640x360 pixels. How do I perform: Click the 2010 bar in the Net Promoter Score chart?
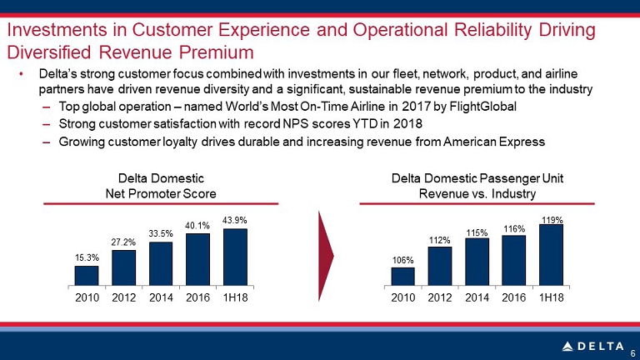tap(87, 276)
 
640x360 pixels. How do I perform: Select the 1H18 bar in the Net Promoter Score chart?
tap(235, 257)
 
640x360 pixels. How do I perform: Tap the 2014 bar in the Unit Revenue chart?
tap(477, 262)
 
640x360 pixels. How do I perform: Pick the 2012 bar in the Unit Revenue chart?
tap(440, 266)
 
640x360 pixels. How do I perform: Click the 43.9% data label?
tap(235, 220)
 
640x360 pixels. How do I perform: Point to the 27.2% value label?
tap(123, 242)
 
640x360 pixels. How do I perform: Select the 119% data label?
tap(552, 220)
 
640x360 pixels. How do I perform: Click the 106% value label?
tap(402, 260)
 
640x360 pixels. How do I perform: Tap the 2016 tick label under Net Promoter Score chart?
tap(198, 297)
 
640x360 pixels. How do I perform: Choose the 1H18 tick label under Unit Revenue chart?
tap(552, 297)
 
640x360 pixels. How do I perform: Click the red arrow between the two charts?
tap(326, 257)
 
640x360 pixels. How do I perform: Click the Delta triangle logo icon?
tap(567, 347)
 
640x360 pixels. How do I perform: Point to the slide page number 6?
tap(632, 354)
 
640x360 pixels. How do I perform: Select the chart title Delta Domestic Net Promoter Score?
tap(161, 186)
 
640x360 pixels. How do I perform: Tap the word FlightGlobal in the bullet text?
tap(482, 107)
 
